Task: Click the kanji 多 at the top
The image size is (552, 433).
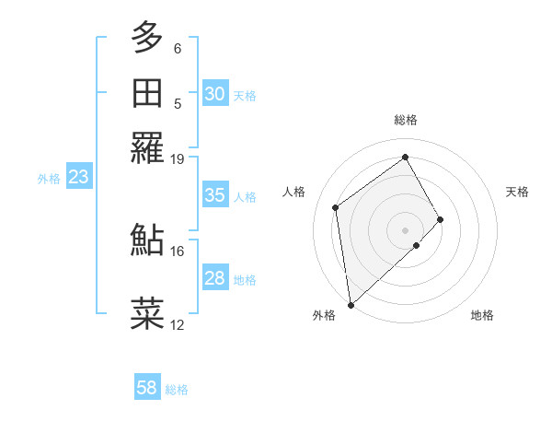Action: pos(148,38)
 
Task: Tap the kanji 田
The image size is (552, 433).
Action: pos(148,93)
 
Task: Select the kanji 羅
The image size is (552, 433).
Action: pos(148,147)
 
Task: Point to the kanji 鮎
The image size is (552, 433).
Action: pos(148,240)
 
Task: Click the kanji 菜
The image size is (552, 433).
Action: pos(148,313)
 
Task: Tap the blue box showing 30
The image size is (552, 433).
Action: pos(215,94)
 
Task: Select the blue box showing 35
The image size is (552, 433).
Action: pos(215,195)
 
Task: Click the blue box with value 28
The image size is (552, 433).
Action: pos(215,278)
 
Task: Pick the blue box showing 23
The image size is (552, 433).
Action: pos(78,178)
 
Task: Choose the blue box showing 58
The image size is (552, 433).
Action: pos(147,388)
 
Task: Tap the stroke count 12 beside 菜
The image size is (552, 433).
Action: pos(177,324)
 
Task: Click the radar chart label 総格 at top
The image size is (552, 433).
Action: pos(406,120)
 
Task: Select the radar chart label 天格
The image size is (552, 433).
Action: pos(518,192)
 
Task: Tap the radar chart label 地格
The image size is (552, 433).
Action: pos(482,315)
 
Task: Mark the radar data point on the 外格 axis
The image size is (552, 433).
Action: pos(351,304)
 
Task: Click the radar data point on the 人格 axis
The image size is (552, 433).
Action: pos(336,207)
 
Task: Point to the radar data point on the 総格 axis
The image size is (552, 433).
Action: pos(406,157)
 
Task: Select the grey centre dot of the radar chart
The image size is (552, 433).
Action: pos(406,229)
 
